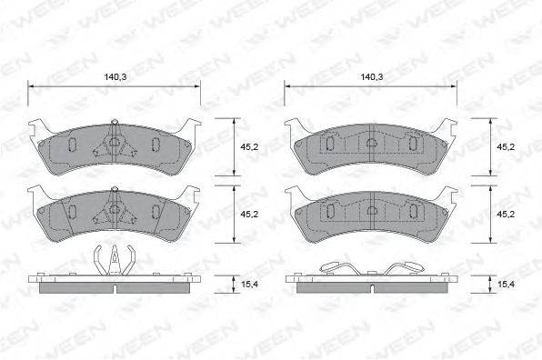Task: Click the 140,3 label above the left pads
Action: [x=114, y=77]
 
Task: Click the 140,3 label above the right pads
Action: [x=371, y=77]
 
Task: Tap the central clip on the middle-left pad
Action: [x=114, y=208]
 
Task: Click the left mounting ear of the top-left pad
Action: [x=36, y=128]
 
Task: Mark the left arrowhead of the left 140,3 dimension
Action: [x=33, y=86]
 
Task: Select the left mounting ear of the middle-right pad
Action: [x=292, y=195]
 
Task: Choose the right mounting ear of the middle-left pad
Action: [x=192, y=195]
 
